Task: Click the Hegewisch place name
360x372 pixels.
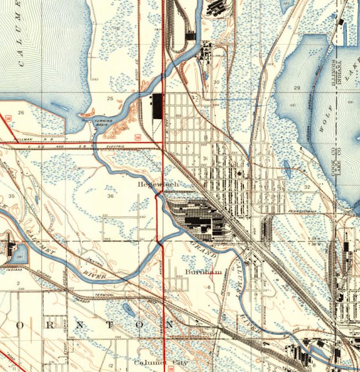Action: click(x=154, y=184)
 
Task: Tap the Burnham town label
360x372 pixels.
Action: click(x=204, y=271)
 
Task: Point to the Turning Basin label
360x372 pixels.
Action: click(x=104, y=123)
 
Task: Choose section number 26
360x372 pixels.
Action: click(x=21, y=112)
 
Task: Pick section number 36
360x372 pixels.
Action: click(x=110, y=196)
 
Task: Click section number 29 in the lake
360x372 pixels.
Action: click(x=297, y=87)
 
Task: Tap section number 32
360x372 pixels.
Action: click(x=307, y=187)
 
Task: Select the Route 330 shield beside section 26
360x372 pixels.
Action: click(x=8, y=119)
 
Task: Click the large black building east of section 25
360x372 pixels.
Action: click(x=157, y=106)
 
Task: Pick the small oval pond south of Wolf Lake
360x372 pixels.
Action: click(x=287, y=169)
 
